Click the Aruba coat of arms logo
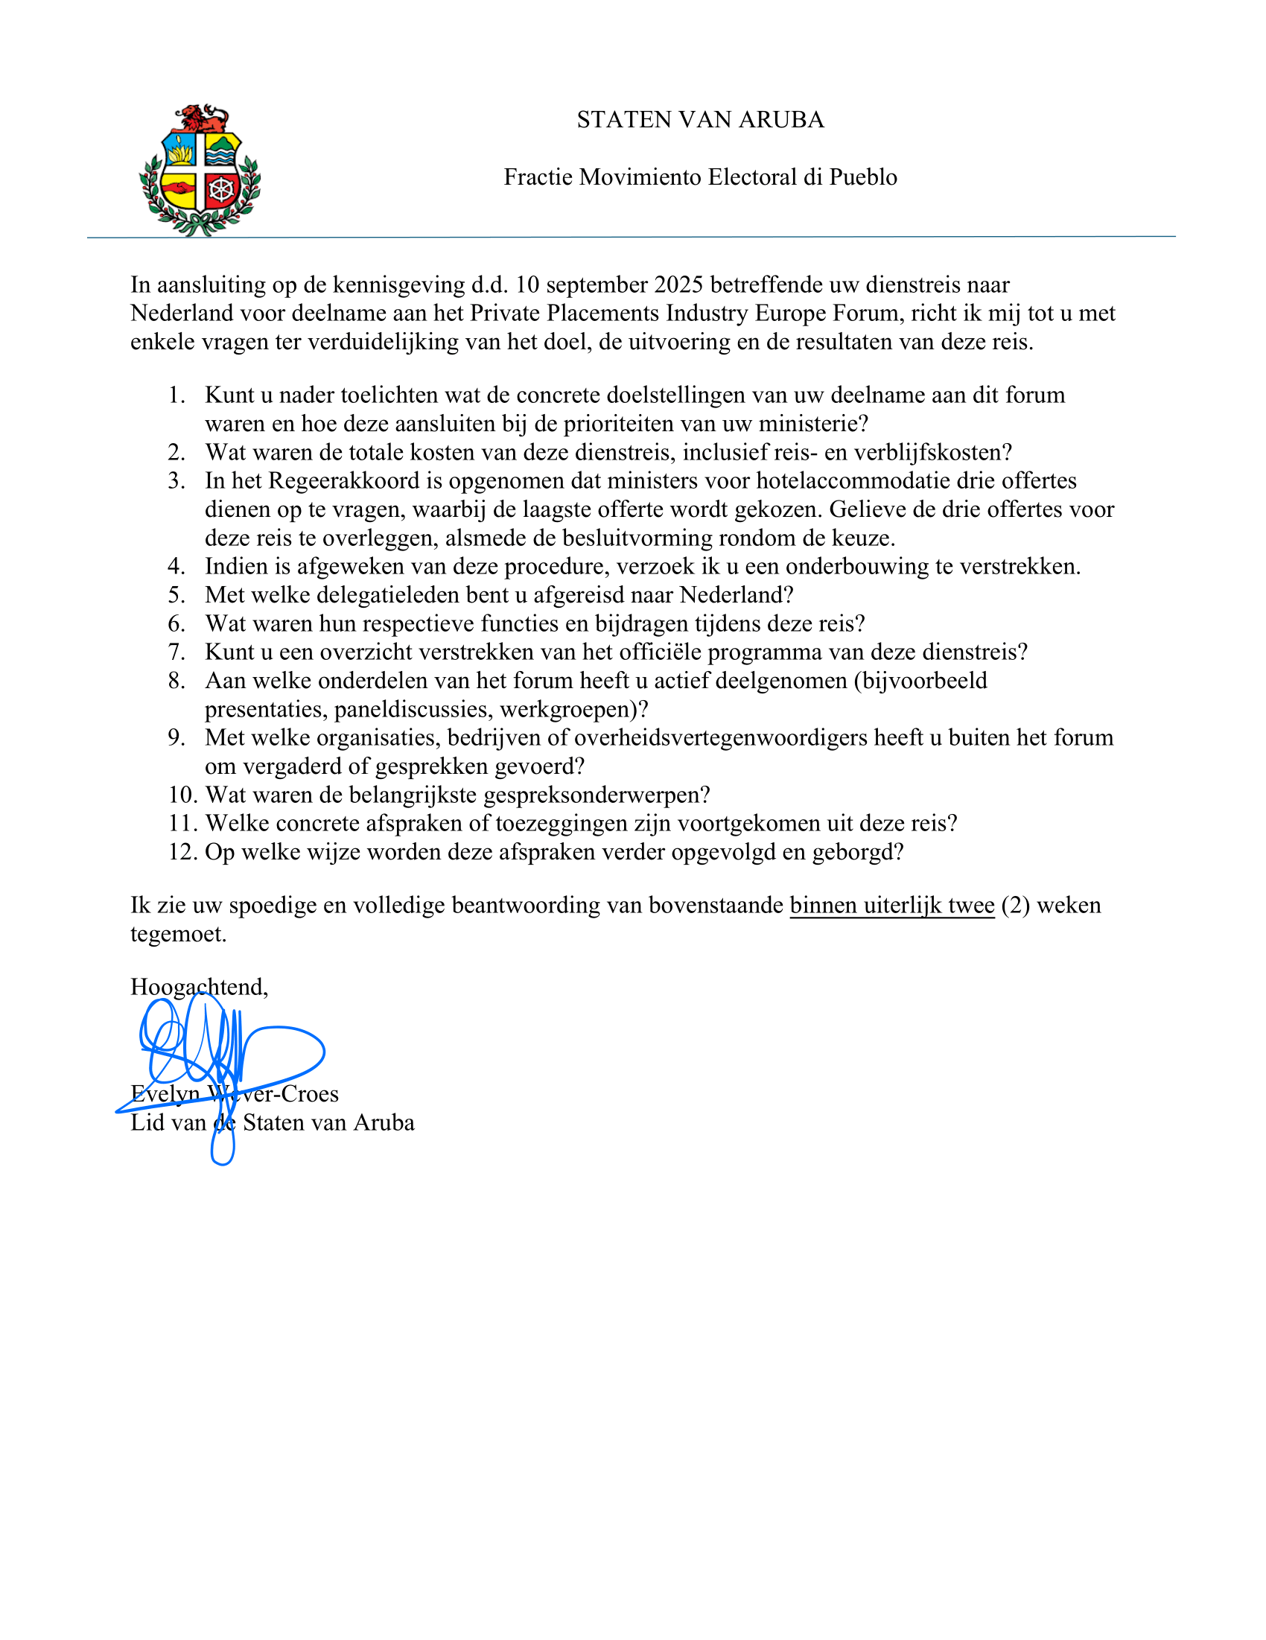[x=200, y=171]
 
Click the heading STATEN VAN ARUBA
[x=700, y=120]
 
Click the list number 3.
[x=176, y=480]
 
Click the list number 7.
[x=176, y=652]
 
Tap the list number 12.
[x=182, y=851]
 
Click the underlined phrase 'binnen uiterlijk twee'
[x=891, y=906]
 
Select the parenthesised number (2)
[x=1015, y=906]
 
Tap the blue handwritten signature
[x=222, y=1059]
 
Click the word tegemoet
[x=178, y=934]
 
